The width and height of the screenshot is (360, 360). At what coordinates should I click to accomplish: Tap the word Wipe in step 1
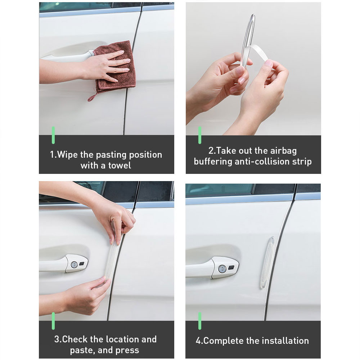67,155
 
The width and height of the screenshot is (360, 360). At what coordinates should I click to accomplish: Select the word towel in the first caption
120,166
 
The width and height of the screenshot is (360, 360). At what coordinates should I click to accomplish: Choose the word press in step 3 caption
127,350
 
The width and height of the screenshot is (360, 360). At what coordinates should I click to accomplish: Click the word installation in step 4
286,341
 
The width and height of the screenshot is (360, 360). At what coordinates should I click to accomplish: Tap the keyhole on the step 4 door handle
222,268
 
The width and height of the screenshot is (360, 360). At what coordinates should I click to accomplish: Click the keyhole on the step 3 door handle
74,264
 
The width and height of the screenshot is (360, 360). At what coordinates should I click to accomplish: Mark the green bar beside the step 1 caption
53,135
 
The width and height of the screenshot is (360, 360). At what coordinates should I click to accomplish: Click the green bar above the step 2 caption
200,135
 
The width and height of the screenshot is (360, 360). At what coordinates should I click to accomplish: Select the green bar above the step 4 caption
200,321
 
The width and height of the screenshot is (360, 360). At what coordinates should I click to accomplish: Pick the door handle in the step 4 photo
212,268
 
